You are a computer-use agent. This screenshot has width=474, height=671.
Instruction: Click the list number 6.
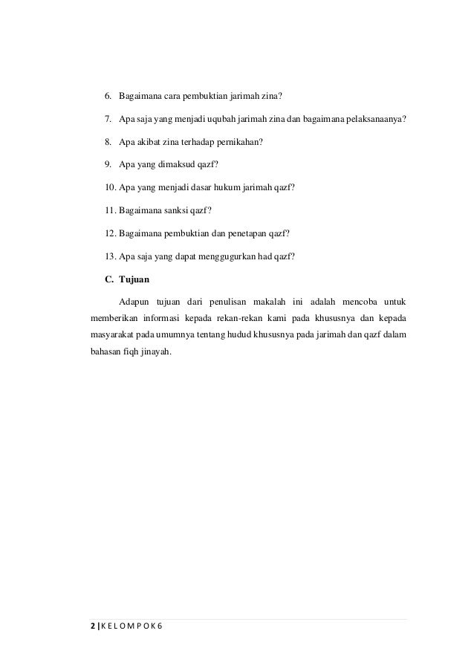pyautogui.click(x=107, y=97)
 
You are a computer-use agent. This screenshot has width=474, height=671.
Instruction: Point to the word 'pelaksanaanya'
pyautogui.click(x=376, y=120)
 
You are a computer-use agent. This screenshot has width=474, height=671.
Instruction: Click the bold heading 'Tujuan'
pyautogui.click(x=133, y=280)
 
